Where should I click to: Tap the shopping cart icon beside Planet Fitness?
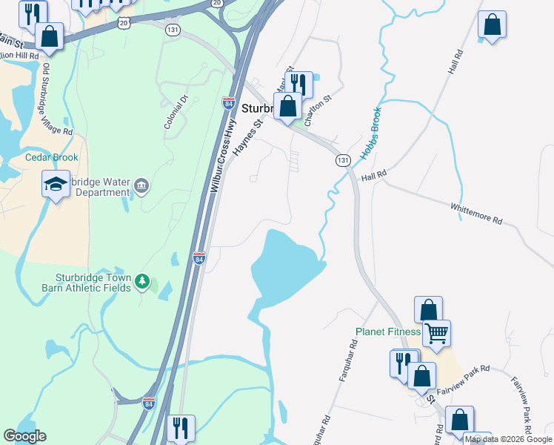click(437, 333)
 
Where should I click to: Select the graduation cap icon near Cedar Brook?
click(56, 183)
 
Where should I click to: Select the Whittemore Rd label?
click(477, 211)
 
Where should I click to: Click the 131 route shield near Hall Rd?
click(342, 160)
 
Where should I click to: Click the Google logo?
click(25, 436)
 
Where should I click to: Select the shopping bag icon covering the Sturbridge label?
click(287, 106)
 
